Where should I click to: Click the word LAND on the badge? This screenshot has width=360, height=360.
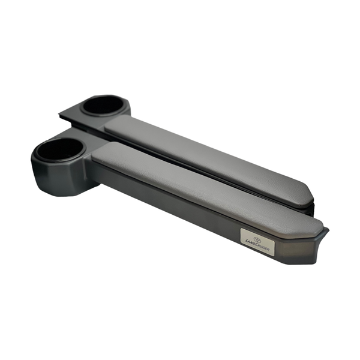(x=251, y=241)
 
